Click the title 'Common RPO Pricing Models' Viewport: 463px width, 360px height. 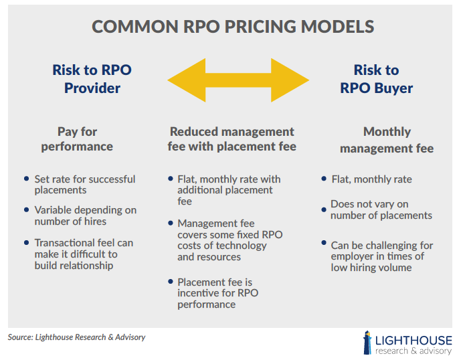pos(232,27)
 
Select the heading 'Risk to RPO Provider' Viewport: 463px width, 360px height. pos(92,79)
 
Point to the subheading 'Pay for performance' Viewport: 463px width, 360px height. pos(77,139)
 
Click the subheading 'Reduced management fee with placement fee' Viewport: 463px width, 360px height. pos(231,139)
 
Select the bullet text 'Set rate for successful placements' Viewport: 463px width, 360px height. pos(85,184)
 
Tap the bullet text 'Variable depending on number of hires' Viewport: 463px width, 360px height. pos(86,215)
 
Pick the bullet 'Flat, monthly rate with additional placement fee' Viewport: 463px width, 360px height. pos(228,190)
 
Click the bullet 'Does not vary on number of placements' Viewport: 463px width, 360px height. pos(381,209)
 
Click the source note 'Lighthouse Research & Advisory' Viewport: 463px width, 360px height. pos(76,337)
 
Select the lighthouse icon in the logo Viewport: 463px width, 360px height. pos(367,341)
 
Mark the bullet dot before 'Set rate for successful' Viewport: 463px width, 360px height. pos(26,179)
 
